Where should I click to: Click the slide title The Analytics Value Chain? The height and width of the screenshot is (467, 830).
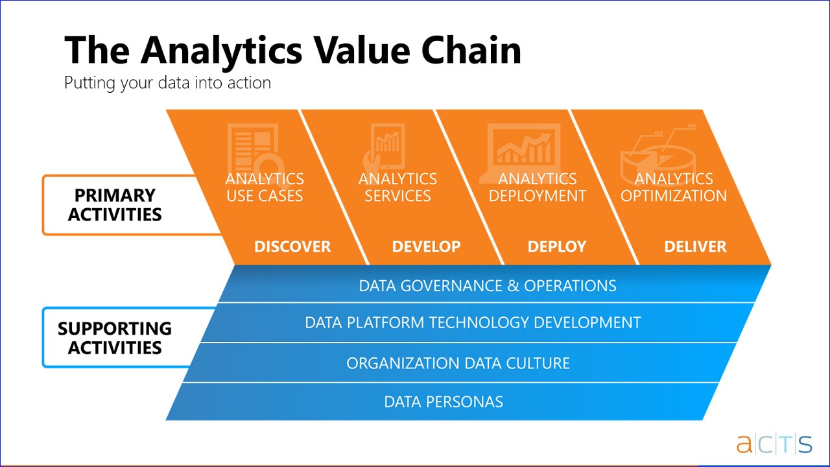(x=292, y=51)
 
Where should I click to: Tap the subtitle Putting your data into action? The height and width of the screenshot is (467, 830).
(x=167, y=83)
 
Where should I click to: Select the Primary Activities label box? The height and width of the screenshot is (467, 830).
(x=115, y=205)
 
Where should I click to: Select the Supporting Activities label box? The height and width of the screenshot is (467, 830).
(x=115, y=338)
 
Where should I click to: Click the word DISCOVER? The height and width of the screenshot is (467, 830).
(x=292, y=247)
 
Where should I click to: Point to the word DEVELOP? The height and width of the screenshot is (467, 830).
(x=427, y=247)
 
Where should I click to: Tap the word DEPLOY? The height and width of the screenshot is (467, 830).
(x=557, y=247)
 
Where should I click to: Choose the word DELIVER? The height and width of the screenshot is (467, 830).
(x=695, y=247)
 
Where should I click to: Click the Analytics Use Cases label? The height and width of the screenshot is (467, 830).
(x=265, y=187)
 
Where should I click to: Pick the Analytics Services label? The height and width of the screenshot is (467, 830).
(x=397, y=187)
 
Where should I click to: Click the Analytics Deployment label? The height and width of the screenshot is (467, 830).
(x=538, y=187)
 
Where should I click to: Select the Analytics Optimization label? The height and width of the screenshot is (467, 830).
(x=674, y=187)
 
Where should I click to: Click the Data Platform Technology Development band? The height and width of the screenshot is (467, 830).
(x=473, y=322)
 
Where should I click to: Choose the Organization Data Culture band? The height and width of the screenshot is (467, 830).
(x=458, y=363)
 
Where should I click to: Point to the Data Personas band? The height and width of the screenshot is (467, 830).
(x=444, y=401)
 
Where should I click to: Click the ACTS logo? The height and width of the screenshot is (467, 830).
(x=774, y=444)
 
